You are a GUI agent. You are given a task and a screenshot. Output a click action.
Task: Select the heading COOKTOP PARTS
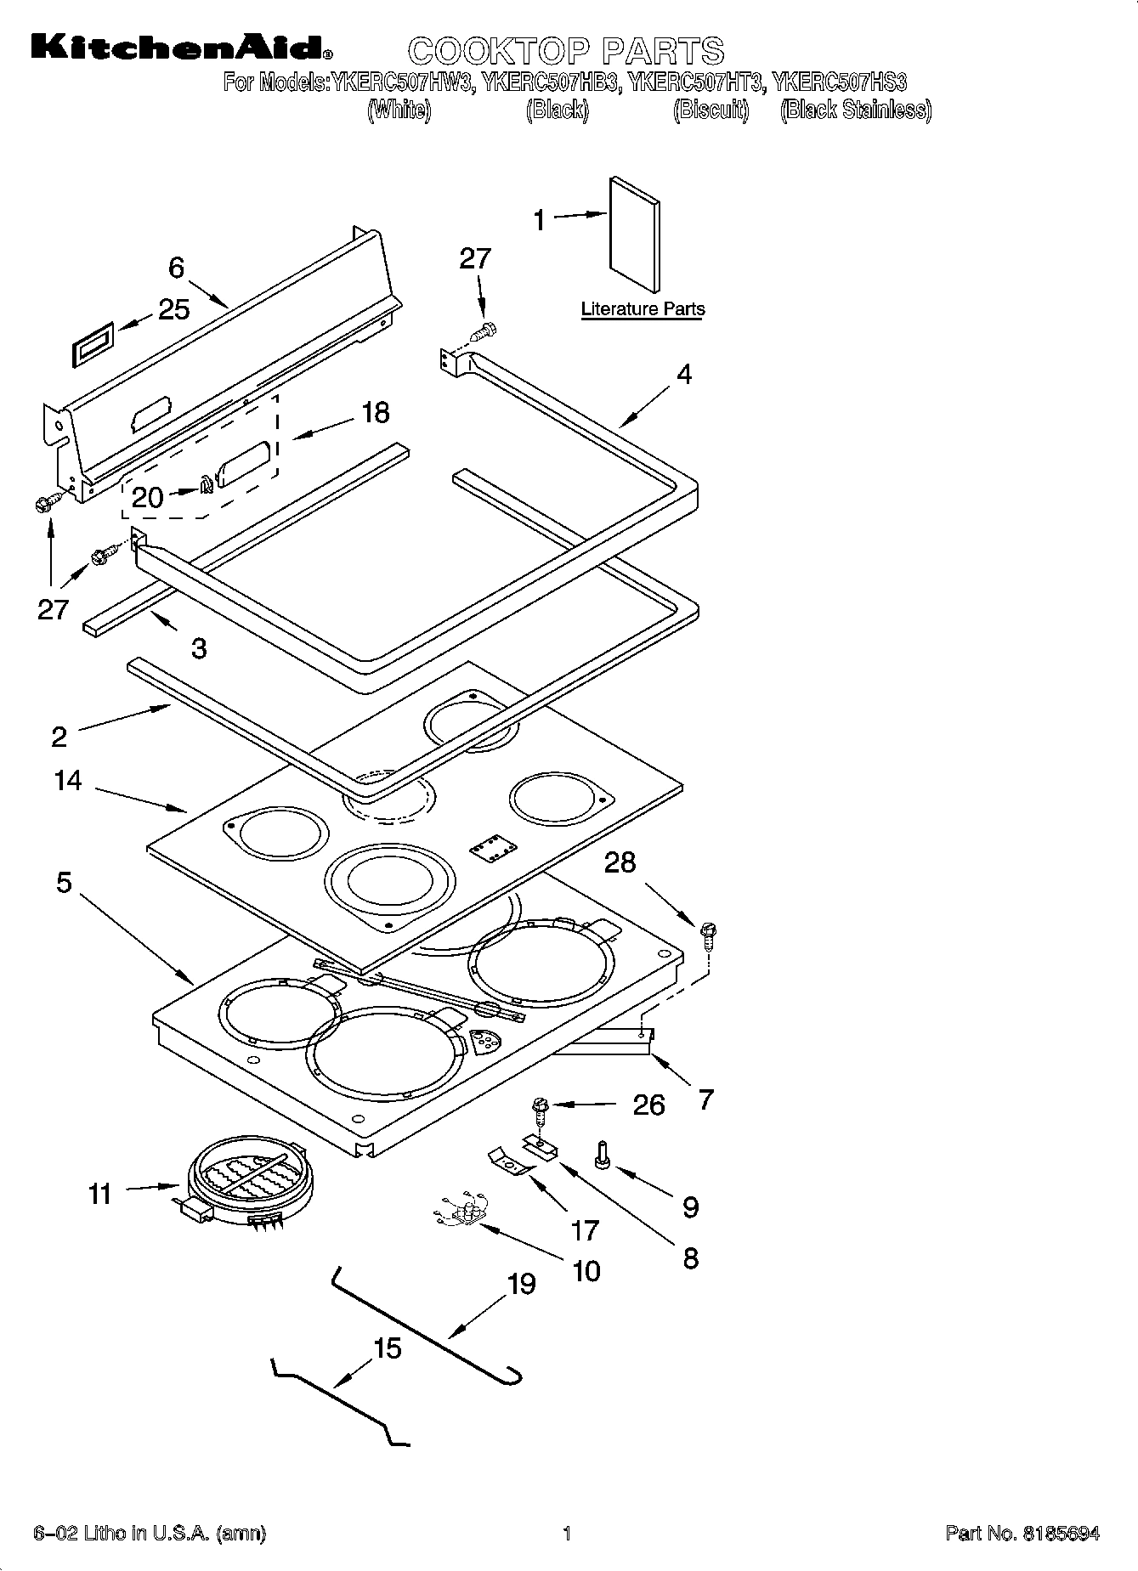tap(566, 51)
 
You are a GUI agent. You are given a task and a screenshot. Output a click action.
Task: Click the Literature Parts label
tap(643, 309)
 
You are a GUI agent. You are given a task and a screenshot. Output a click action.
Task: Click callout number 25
tap(173, 309)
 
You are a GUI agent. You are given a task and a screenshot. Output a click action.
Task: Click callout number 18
tap(375, 413)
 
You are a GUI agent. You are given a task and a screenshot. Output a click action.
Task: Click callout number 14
tap(68, 780)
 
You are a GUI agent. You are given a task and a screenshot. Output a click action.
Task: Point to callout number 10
tap(586, 1271)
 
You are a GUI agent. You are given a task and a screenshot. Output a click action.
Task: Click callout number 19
tap(521, 1284)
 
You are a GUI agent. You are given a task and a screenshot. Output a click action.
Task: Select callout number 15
tap(388, 1348)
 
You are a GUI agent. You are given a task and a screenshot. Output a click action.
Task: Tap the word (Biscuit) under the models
tap(711, 110)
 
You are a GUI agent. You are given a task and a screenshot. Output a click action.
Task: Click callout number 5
tap(65, 883)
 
